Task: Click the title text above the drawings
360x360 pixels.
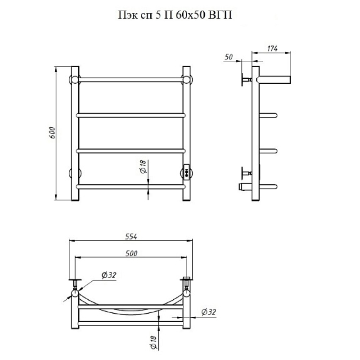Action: click(175, 15)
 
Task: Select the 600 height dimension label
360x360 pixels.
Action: click(52, 132)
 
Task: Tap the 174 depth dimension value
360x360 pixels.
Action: click(272, 49)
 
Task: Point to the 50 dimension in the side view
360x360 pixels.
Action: click(229, 57)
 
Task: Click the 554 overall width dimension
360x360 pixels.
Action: click(131, 237)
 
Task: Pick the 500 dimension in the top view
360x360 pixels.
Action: click(131, 253)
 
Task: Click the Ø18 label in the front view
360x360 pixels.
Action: click(143, 166)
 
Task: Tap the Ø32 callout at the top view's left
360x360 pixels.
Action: click(109, 275)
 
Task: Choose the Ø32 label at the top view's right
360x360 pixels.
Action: click(209, 312)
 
